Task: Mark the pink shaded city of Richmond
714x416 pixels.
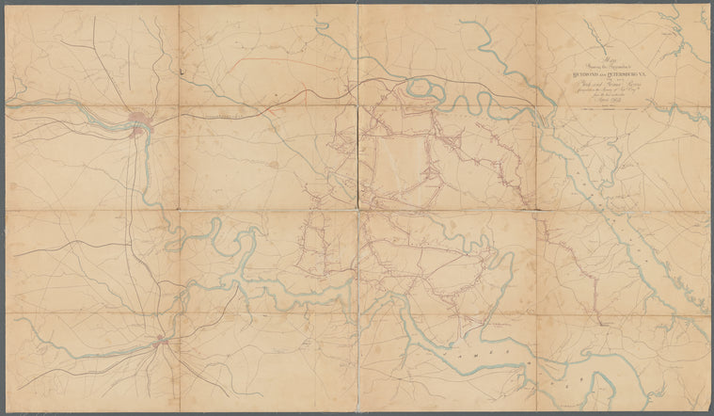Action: point(140,121)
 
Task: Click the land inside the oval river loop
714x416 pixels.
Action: point(424,90)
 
